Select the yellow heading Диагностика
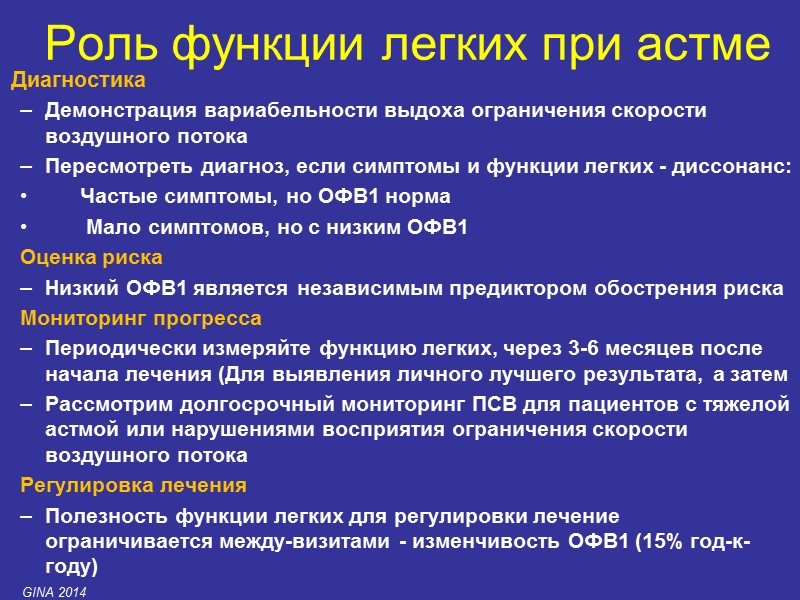click(78, 80)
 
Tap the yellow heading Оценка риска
click(85, 258)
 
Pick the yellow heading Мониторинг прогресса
click(141, 319)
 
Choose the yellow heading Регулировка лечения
click(133, 486)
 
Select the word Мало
click(112, 227)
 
